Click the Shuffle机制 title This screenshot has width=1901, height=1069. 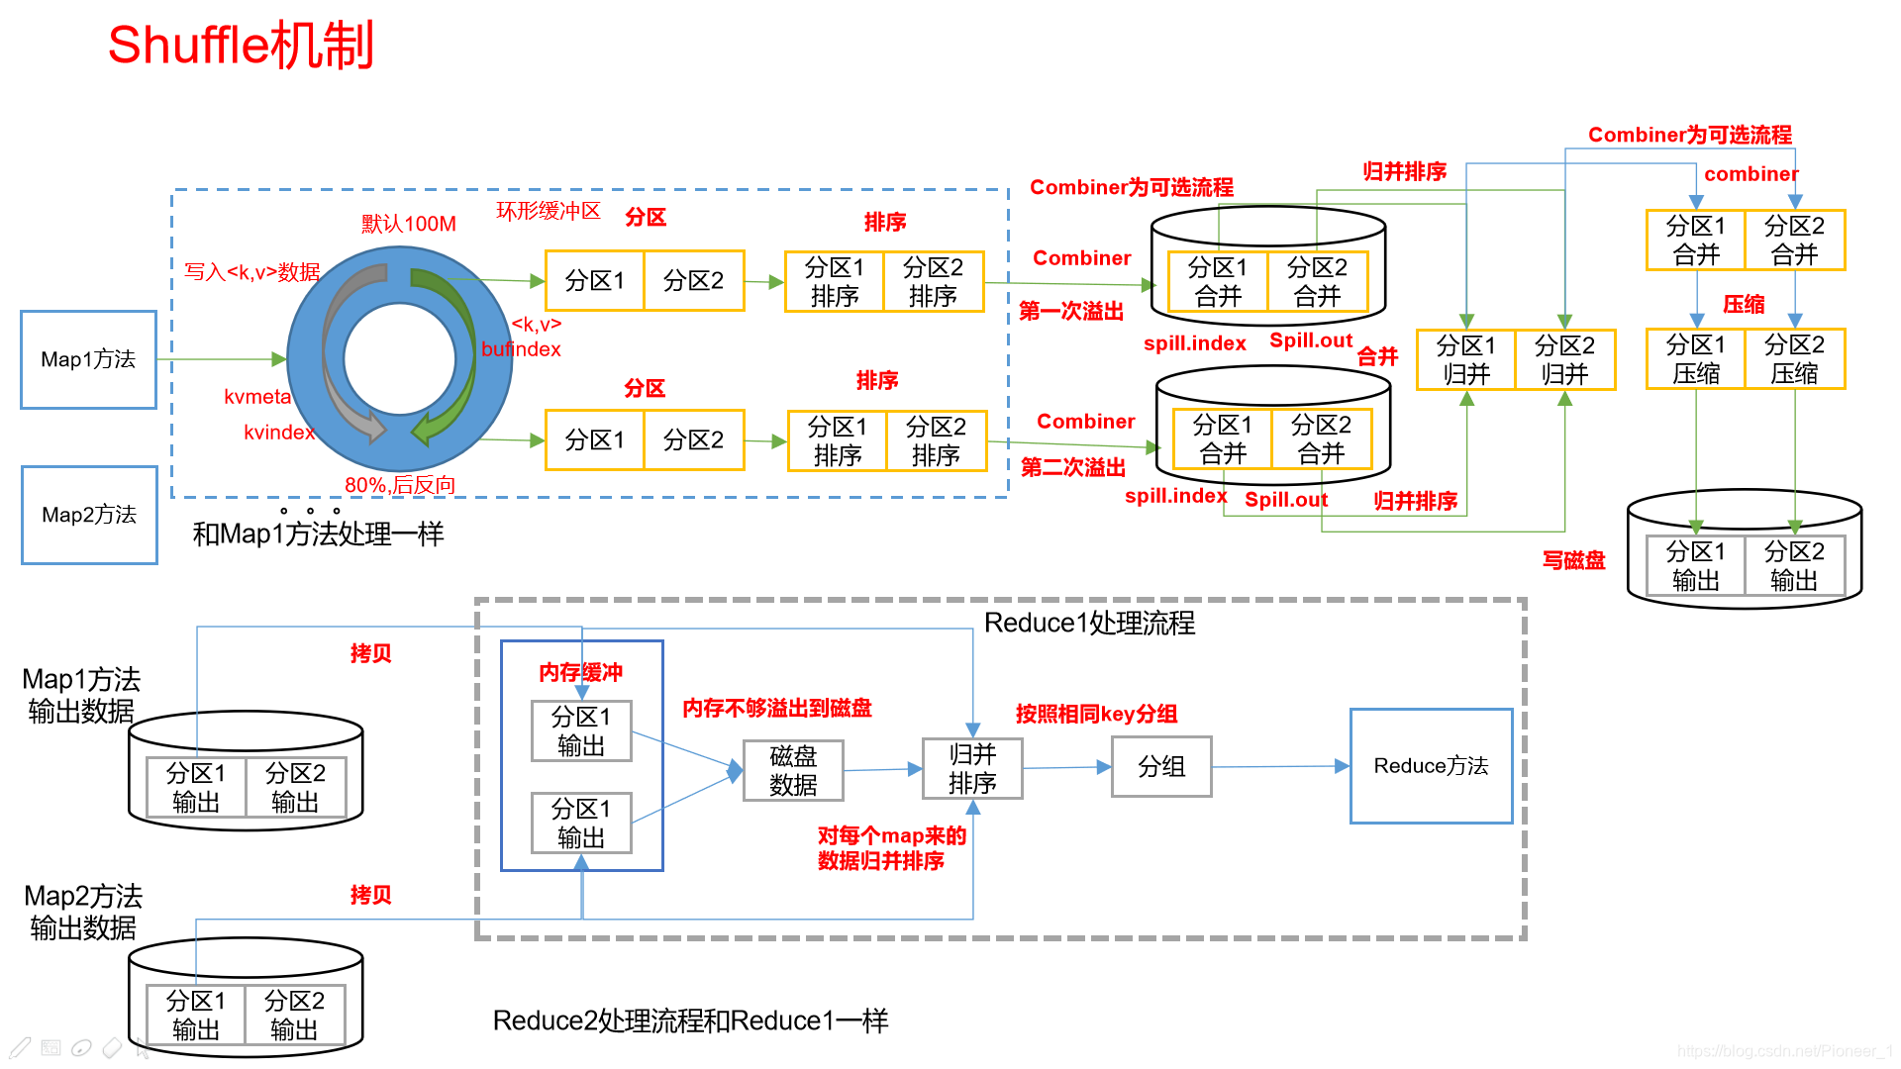coord(241,46)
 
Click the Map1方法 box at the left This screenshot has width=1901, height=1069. coord(88,359)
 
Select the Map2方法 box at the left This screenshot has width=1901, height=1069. coord(89,515)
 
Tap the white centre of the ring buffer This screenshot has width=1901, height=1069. coord(399,358)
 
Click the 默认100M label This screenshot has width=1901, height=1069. coord(408,224)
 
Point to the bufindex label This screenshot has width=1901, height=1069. coord(521,349)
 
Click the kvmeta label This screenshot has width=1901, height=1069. coord(257,397)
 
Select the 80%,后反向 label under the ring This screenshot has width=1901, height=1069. coord(400,485)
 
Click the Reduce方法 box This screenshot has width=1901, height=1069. coord(1431,765)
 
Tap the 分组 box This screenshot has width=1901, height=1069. coord(1161,766)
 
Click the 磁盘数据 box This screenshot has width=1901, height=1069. coord(793,770)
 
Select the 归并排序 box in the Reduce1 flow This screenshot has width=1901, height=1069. coord(972,768)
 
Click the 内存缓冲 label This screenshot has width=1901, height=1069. coord(580,673)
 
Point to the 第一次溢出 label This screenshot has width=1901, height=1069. coord(1071,311)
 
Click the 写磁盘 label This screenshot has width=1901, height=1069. coord(1573,560)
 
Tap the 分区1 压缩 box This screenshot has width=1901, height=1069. coord(1695,358)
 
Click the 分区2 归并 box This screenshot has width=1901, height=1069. coord(1564,359)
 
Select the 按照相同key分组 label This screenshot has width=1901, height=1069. coord(1096,714)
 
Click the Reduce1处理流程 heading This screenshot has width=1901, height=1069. coord(1089,623)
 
